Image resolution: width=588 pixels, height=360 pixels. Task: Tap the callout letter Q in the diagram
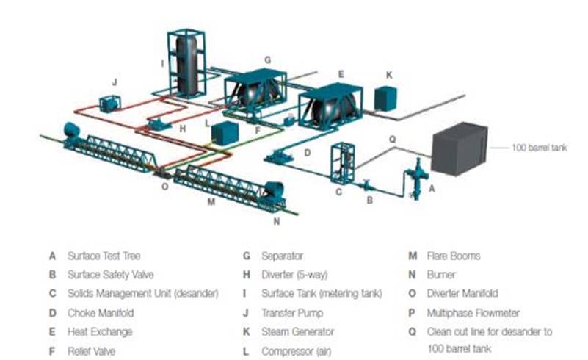(x=391, y=138)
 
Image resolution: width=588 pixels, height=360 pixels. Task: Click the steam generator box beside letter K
(x=385, y=98)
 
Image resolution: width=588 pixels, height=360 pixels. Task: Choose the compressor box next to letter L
(x=225, y=133)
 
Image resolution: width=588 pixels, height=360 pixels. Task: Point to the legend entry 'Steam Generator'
(x=297, y=332)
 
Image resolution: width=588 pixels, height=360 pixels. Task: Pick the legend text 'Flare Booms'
(x=454, y=256)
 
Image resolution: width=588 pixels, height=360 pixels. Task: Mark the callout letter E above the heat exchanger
(x=341, y=74)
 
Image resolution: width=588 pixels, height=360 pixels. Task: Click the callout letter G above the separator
(x=268, y=59)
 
